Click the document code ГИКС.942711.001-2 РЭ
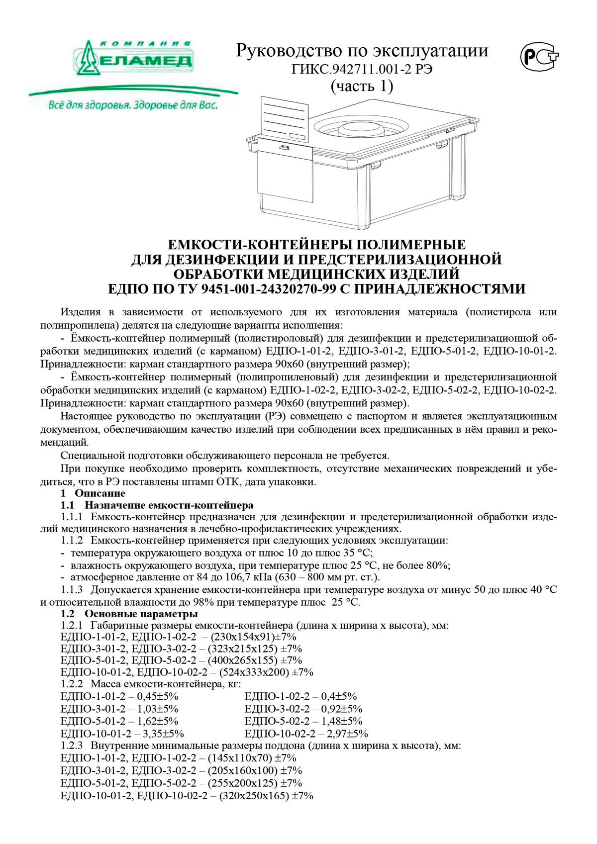tap(362, 69)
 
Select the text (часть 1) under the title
tap(362, 86)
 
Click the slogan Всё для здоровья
tap(133, 105)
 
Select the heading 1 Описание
tap(93, 493)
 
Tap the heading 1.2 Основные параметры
tap(129, 613)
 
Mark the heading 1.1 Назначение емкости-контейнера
tap(157, 505)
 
